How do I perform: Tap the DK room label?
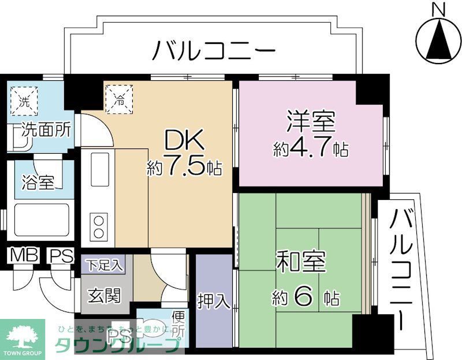pos(184,140)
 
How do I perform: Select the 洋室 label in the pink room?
pos(311,123)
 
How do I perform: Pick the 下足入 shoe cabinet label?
pos(105,266)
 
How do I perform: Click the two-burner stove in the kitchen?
pos(99,227)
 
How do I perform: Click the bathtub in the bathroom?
pos(38,221)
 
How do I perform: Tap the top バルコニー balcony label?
pos(213,53)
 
